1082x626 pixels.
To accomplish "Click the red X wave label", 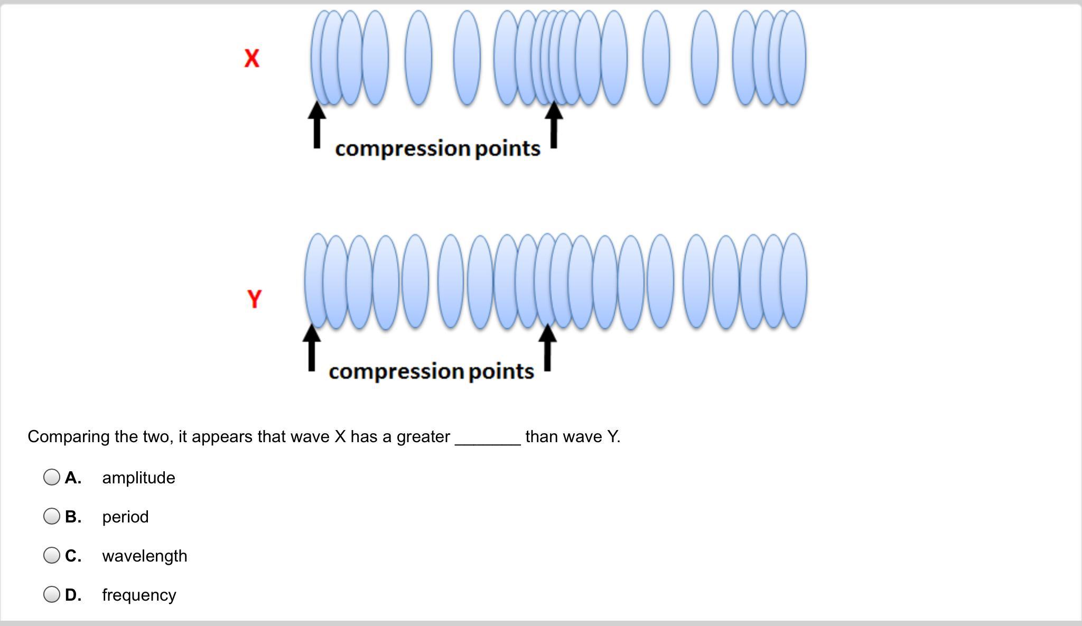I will click(x=252, y=58).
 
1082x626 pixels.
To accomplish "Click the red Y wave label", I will click(x=254, y=299).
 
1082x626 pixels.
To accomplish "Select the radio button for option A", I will click(x=52, y=477).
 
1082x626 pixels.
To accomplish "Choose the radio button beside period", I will click(x=52, y=516).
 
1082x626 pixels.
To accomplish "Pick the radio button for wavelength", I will click(x=52, y=555).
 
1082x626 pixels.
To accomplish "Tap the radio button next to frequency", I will click(x=52, y=594).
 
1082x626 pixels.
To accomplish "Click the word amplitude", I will click(x=138, y=478).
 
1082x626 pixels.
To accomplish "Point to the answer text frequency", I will click(x=139, y=595).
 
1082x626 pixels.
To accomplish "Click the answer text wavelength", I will click(x=144, y=556).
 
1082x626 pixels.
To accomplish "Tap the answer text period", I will click(x=125, y=517).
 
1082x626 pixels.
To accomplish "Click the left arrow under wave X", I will click(x=316, y=125).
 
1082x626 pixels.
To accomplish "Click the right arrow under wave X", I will click(x=554, y=125).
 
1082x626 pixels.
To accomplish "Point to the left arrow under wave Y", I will click(x=312, y=348).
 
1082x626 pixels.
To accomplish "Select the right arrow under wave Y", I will click(x=547, y=348).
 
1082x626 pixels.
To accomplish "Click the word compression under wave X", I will click(x=403, y=149).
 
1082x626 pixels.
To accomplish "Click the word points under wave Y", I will click(x=501, y=371).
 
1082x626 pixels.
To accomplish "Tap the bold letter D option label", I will click(x=73, y=595).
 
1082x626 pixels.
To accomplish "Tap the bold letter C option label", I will click(x=73, y=556).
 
